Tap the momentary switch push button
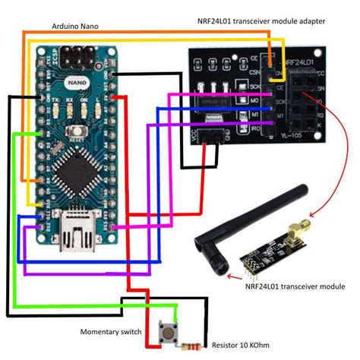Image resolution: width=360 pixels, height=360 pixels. [x=163, y=332]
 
